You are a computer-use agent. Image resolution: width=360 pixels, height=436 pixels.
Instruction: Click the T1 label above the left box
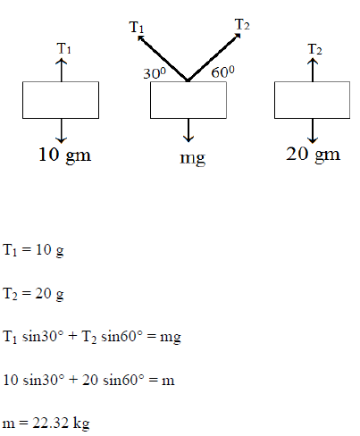(x=64, y=48)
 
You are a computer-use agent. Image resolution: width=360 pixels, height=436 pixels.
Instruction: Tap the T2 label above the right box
(x=314, y=49)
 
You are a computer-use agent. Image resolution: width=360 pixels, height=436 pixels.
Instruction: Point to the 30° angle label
(x=155, y=73)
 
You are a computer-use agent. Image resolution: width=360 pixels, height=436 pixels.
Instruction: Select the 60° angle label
(x=222, y=71)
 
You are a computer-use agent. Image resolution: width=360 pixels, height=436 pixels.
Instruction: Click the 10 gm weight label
(x=64, y=155)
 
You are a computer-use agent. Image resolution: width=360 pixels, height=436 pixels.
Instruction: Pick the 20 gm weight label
(x=313, y=155)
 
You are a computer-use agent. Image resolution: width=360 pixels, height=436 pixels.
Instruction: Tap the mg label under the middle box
(x=192, y=158)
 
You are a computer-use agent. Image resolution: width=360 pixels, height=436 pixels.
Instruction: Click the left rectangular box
(x=61, y=100)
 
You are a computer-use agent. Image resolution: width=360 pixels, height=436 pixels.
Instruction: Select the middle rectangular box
(x=188, y=100)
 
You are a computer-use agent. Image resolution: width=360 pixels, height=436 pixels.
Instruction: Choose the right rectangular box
(x=312, y=100)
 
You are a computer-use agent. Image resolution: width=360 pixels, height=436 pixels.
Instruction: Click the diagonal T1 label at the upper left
(x=137, y=28)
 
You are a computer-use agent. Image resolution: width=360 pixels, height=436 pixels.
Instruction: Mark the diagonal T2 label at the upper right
(x=242, y=25)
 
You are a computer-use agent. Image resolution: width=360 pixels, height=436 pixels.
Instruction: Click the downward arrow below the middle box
(x=188, y=130)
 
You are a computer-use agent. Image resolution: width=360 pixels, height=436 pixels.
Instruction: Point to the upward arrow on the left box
(x=62, y=70)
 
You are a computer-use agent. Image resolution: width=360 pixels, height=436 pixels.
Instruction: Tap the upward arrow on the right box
(x=313, y=70)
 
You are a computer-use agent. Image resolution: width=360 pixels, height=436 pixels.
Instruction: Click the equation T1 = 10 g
(x=33, y=250)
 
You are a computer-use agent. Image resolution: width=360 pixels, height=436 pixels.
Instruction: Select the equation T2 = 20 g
(x=33, y=294)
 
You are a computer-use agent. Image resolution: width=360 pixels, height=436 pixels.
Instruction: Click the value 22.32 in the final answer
(x=51, y=423)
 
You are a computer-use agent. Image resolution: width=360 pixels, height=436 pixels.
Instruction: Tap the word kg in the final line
(x=81, y=423)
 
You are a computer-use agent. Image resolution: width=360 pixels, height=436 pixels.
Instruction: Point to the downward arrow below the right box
(x=313, y=130)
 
